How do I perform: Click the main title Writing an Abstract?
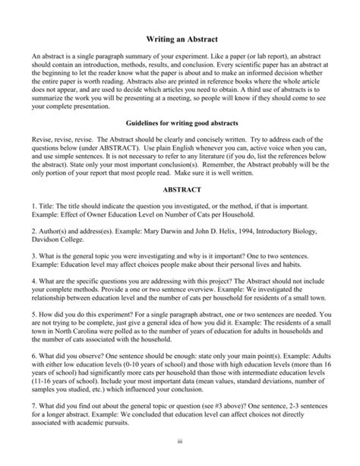(x=179, y=38)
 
